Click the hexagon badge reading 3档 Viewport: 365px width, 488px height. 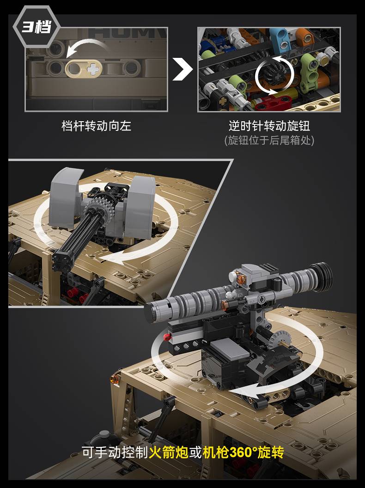point(36,27)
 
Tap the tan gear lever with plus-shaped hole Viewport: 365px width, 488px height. point(84,68)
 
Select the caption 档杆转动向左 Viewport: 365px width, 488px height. point(96,126)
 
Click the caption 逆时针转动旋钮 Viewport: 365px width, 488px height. point(269,126)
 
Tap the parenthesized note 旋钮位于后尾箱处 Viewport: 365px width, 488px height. point(269,140)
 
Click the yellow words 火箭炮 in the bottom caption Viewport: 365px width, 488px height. point(169,452)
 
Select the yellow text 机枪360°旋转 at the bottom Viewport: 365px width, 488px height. point(243,452)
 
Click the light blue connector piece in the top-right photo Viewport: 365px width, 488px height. point(279,40)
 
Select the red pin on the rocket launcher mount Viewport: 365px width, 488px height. point(167,336)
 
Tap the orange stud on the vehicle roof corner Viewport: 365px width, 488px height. point(115,379)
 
